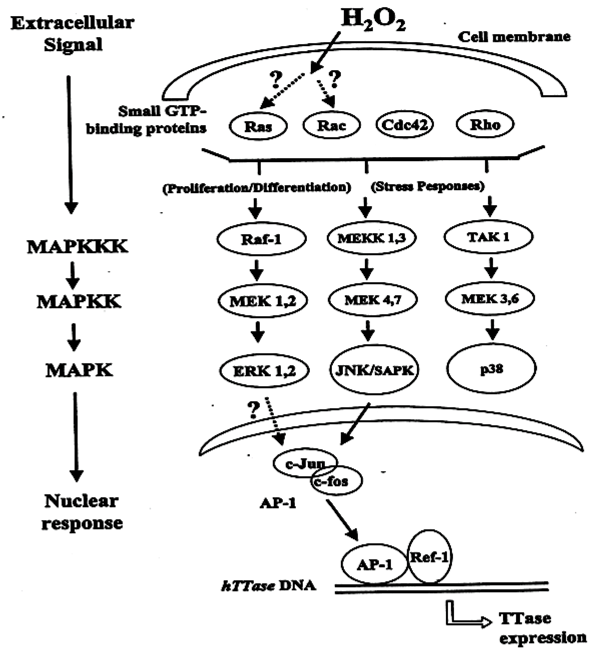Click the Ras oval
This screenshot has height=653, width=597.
(258, 126)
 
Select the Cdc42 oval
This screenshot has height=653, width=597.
(405, 124)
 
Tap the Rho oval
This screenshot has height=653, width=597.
(485, 124)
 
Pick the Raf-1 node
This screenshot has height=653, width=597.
(261, 239)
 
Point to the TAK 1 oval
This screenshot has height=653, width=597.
(488, 237)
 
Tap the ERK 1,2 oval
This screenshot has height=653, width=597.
(264, 370)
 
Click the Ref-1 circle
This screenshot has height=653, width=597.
(429, 557)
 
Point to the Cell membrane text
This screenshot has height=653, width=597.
(514, 37)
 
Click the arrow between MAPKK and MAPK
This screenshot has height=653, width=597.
(74, 337)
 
